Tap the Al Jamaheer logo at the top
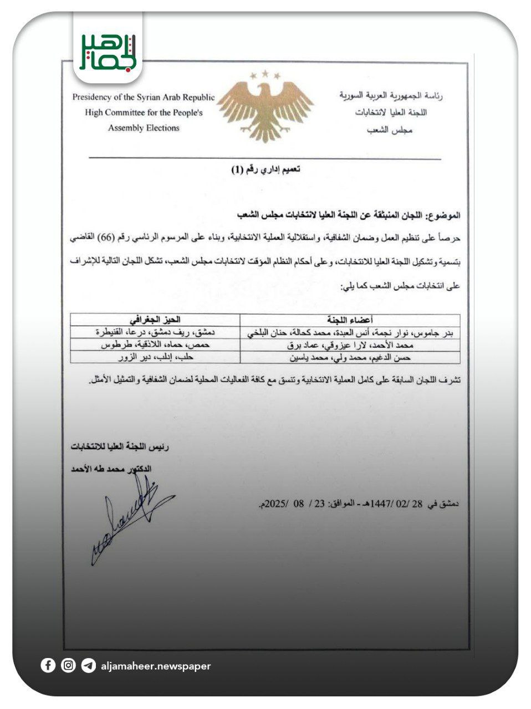coord(108,52)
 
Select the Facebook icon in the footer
coord(48,665)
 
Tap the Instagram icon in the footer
coord(68,665)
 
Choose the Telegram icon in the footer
coord(88,665)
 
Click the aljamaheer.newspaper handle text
coord(156,666)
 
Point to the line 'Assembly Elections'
coord(144,128)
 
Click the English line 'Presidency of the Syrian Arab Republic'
coord(144,97)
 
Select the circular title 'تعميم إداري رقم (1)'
coord(265,169)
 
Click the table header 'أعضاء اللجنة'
coord(350,320)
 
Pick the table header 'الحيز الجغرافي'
coord(155,320)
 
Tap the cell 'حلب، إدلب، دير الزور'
coord(155,357)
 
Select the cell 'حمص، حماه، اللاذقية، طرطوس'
coord(155,345)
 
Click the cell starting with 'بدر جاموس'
coord(350,332)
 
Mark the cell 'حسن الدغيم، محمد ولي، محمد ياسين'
coord(350,357)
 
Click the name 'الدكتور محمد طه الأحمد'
coord(111,469)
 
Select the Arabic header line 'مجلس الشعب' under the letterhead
coord(390,131)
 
